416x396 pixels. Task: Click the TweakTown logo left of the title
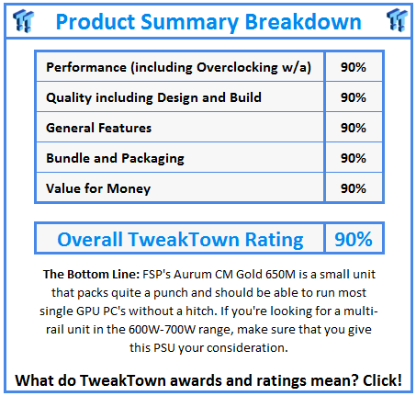click(x=23, y=20)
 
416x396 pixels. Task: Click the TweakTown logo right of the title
click(x=397, y=20)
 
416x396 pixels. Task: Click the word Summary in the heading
click(x=190, y=22)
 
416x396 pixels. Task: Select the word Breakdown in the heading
click(x=303, y=22)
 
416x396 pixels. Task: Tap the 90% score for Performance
click(x=354, y=67)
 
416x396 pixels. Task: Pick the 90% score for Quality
click(x=354, y=97)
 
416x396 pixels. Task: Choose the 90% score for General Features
click(x=354, y=128)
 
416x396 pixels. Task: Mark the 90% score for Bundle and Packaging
click(x=354, y=158)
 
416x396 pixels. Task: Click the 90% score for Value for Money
click(x=354, y=188)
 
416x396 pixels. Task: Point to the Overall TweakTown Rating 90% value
click(x=354, y=239)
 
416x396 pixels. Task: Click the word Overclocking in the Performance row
click(x=237, y=68)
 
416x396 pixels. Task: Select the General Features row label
click(x=98, y=128)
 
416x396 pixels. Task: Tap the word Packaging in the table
click(x=152, y=159)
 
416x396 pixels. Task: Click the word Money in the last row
click(x=129, y=189)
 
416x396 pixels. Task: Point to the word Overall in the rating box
click(x=90, y=239)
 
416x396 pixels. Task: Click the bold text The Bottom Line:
click(x=91, y=275)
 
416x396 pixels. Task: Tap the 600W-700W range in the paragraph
click(x=162, y=330)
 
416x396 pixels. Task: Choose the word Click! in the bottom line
click(x=382, y=380)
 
